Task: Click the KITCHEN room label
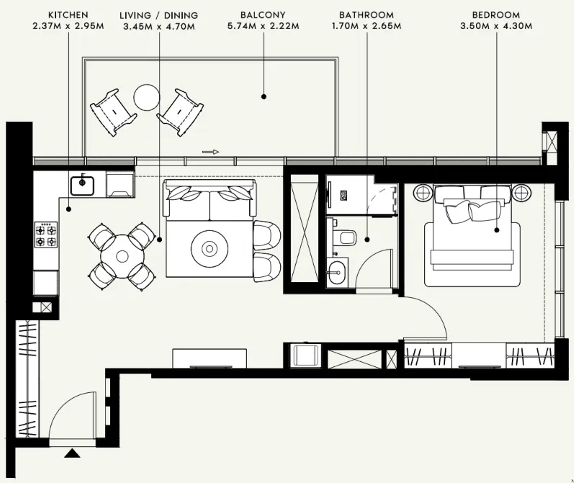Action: point(68,14)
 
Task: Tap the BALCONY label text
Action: point(264,14)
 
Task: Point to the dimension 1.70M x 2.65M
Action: point(367,27)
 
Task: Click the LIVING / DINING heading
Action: point(158,14)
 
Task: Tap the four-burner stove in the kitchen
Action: point(46,235)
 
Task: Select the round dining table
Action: point(121,256)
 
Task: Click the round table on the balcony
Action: point(148,97)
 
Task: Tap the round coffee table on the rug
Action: point(209,248)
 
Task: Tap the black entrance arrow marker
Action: point(72,453)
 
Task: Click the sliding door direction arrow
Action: point(210,152)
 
